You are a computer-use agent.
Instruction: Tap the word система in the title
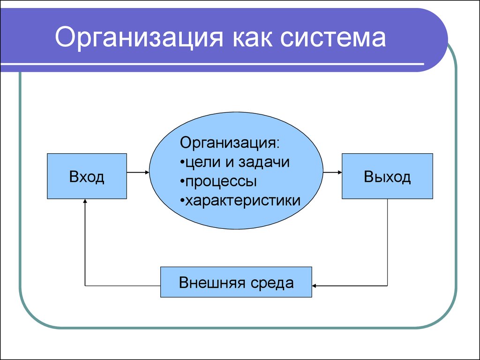[333, 37]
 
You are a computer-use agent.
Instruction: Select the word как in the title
[252, 37]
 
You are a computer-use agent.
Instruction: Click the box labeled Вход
[87, 176]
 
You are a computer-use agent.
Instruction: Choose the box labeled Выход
[387, 176]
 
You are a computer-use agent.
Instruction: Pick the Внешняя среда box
[236, 282]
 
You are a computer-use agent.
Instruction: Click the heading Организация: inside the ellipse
[230, 143]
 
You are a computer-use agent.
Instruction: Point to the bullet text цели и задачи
[235, 162]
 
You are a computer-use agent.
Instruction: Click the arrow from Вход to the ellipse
[138, 172]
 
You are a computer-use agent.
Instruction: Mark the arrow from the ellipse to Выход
[332, 172]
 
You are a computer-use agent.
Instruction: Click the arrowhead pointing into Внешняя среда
[314, 286]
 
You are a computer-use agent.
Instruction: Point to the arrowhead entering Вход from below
[85, 201]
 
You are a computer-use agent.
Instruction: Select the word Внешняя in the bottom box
[212, 282]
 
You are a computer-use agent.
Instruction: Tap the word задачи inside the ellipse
[264, 162]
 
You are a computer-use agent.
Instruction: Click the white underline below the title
[212, 64]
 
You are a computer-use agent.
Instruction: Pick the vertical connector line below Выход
[387, 242]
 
